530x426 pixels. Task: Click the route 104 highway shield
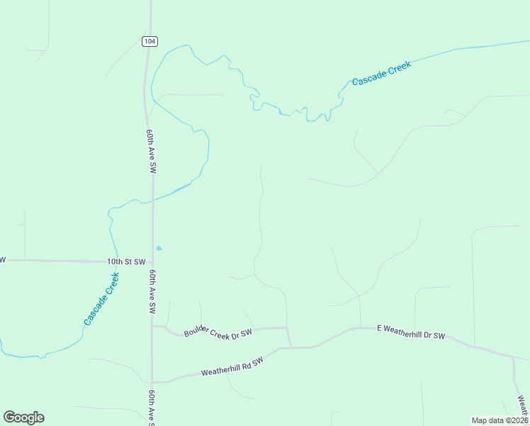pos(149,41)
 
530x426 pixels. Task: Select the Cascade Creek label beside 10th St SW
pos(101,299)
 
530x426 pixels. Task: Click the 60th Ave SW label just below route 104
pos(152,151)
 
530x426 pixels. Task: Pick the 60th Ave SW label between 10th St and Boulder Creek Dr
pos(152,292)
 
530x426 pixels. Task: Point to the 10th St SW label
pos(126,261)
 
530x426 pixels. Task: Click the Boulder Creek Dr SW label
pos(218,332)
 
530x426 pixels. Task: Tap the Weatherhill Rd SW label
pos(232,366)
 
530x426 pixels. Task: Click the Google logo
pos(24,417)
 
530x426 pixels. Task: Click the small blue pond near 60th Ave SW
pos(159,248)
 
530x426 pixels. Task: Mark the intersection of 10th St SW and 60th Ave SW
pos(152,261)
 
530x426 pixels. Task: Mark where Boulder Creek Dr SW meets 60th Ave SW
pos(152,327)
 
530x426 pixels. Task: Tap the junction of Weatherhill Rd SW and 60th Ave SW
pos(152,381)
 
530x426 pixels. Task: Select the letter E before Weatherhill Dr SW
pos(379,328)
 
